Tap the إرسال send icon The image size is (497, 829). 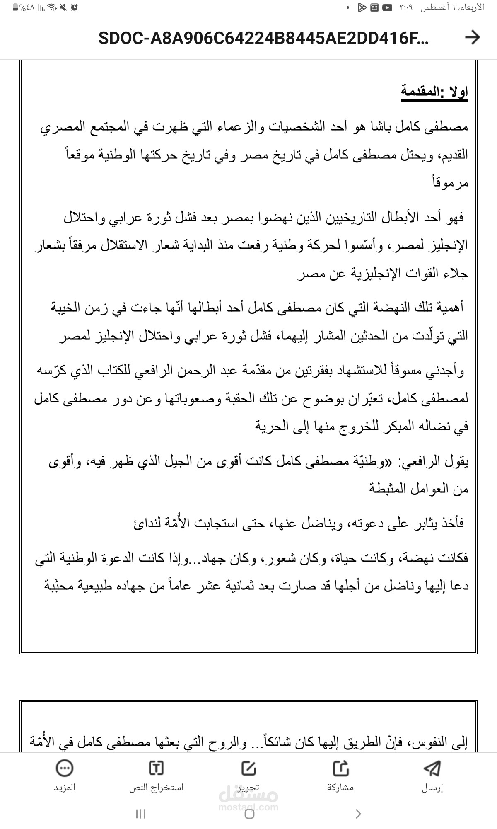tap(432, 768)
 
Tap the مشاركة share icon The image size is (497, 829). tap(341, 768)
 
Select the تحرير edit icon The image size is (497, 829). tap(248, 768)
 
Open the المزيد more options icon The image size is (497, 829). tap(65, 768)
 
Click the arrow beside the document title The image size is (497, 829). tap(472, 38)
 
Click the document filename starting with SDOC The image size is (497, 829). tap(263, 39)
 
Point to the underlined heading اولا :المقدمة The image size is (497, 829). tap(434, 91)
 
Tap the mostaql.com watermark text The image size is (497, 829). tap(248, 807)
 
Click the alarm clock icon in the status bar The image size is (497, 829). tap(74, 7)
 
